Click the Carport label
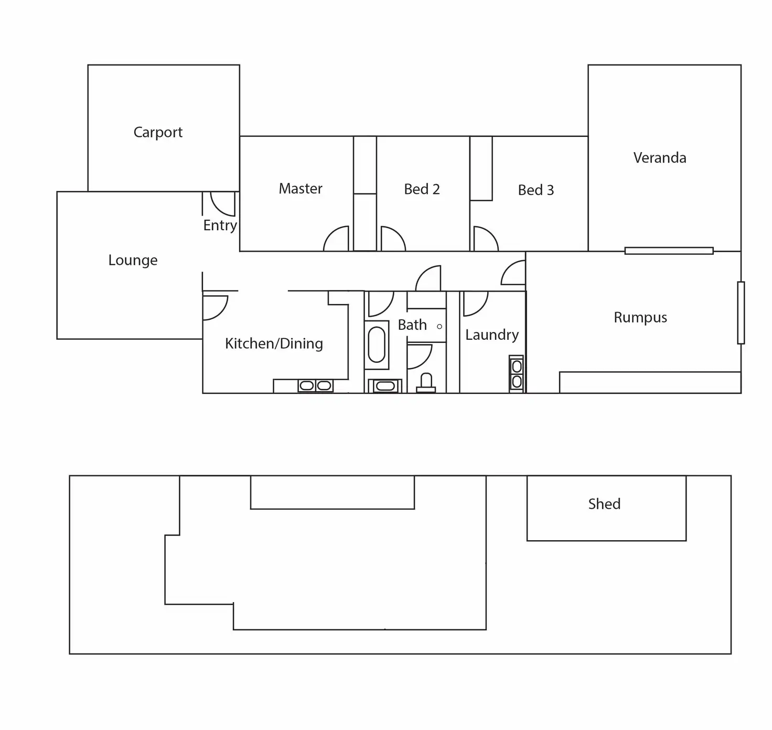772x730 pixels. click(158, 132)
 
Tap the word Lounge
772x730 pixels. click(133, 260)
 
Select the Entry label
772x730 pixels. click(220, 226)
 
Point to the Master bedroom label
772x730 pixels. click(301, 188)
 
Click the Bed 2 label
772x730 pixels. click(422, 189)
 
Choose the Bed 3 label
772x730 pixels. click(535, 190)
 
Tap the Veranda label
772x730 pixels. click(660, 158)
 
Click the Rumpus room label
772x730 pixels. click(640, 317)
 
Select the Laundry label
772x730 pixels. click(491, 335)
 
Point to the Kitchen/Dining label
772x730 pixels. click(274, 343)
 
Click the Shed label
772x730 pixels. click(604, 504)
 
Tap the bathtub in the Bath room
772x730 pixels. click(377, 345)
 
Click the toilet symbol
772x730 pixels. click(426, 383)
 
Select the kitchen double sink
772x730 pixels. click(315, 385)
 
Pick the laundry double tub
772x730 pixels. click(517, 374)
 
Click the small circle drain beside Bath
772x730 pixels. click(439, 326)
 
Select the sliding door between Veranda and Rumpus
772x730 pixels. click(669, 251)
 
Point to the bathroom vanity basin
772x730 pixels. click(385, 386)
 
